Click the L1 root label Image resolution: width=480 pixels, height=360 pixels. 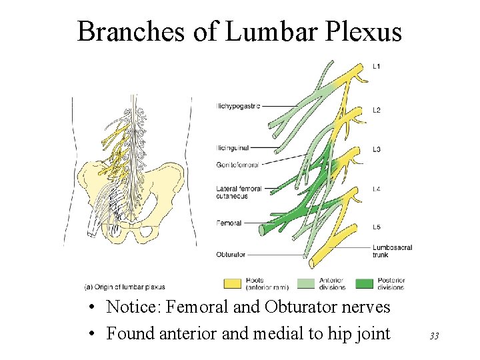(377, 66)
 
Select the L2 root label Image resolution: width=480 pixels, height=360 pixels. (377, 110)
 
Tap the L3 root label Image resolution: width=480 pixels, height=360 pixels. (377, 149)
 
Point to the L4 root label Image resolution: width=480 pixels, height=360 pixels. (377, 189)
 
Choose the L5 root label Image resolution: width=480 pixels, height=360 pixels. (377, 227)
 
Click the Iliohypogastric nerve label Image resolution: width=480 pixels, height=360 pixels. (238, 105)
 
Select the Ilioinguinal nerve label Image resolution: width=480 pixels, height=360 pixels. (233, 147)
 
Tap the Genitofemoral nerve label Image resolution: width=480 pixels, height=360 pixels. (237, 164)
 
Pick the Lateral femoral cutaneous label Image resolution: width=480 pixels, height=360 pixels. (239, 192)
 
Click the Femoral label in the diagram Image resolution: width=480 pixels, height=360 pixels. (229, 223)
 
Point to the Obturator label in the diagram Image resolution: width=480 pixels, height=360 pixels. (231, 254)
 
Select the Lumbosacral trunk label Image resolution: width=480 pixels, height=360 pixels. (393, 251)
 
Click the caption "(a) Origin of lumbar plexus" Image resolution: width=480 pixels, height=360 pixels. (125, 287)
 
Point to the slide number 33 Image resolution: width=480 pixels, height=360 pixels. (434, 336)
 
